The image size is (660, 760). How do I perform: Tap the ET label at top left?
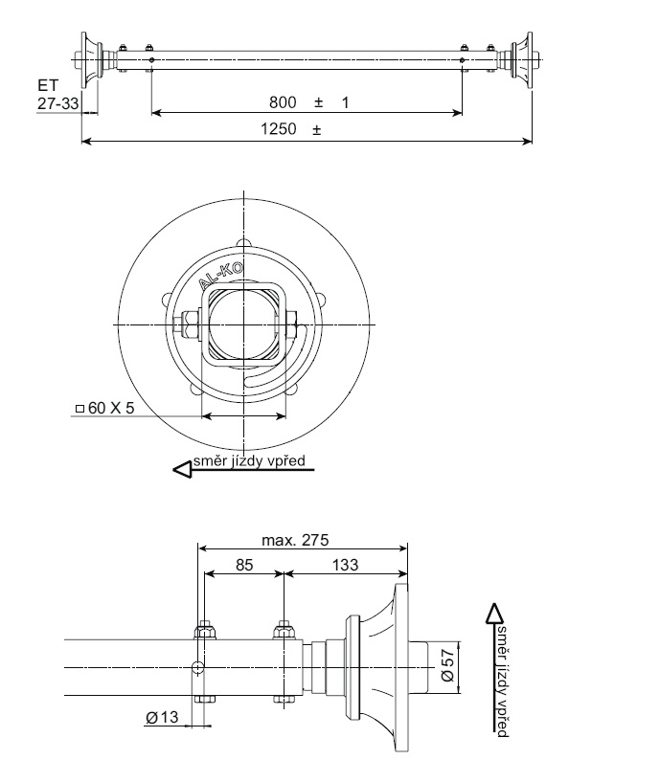coord(48,86)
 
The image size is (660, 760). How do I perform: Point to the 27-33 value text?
coord(57,103)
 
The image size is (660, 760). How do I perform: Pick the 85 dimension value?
coord(244,566)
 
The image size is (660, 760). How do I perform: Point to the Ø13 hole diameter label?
coord(164,718)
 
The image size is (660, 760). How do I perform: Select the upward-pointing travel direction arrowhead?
coord(495,613)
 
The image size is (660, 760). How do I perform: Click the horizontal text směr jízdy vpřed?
coord(249,462)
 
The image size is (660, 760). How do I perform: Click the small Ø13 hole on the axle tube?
coord(198,666)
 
